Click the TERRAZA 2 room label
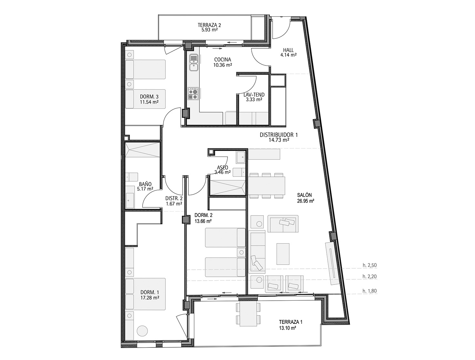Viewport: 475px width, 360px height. tap(209, 25)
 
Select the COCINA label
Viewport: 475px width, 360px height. tap(223, 59)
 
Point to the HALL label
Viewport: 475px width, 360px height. tap(288, 50)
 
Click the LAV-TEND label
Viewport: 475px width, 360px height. tap(254, 95)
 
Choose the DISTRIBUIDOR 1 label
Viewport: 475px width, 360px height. tap(279, 135)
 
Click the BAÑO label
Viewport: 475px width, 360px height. tap(145, 184)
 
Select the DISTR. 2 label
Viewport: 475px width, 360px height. tap(174, 198)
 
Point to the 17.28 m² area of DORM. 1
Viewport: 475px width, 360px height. tap(150, 297)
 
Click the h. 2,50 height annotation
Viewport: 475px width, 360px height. tap(369, 265)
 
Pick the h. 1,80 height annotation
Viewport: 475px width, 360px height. tap(369, 291)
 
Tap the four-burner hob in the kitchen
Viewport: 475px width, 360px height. tap(194, 94)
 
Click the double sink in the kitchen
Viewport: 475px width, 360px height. tap(194, 62)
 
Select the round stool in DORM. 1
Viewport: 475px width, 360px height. tap(142, 331)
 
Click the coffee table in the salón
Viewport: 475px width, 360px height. tap(283, 254)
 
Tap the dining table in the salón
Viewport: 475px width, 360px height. tap(266, 185)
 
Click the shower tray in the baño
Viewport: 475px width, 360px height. tap(143, 150)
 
